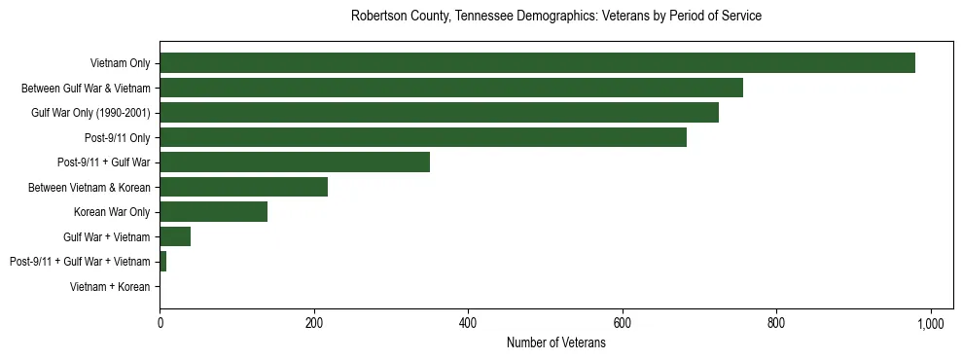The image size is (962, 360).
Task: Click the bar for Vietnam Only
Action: coord(537,63)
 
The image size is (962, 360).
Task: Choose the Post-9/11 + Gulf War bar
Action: coord(295,162)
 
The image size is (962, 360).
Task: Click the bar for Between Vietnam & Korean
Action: coord(244,187)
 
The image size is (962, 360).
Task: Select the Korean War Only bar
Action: coord(214,212)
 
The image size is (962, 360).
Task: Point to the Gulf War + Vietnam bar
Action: coord(175,236)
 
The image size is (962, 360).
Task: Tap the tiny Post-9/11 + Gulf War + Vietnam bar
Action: coord(163,261)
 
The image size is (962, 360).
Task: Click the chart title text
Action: coord(555,17)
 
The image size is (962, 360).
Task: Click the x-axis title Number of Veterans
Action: coord(555,343)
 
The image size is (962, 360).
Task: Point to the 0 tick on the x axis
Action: coord(160,323)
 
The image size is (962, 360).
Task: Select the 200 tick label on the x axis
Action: coord(314,323)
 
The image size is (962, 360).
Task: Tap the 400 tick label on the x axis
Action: coord(469,323)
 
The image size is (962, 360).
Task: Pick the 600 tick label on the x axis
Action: coord(623,323)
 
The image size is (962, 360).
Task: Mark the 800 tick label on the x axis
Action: coord(776,323)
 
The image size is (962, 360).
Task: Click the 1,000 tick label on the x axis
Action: coord(931,323)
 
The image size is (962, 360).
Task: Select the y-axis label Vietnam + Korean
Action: coord(110,286)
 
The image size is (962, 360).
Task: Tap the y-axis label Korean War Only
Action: coord(112,212)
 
